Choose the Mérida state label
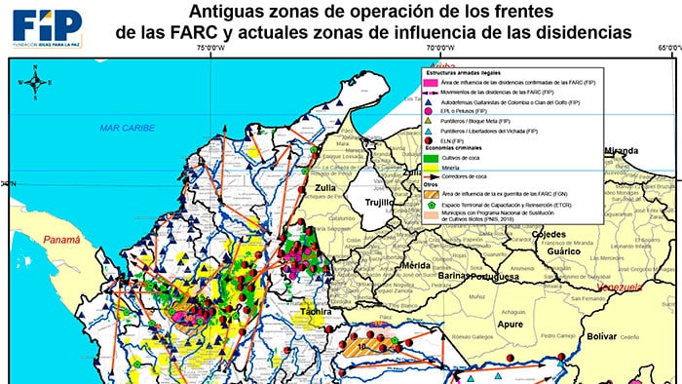(x=416, y=265)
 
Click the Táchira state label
(x=316, y=312)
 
